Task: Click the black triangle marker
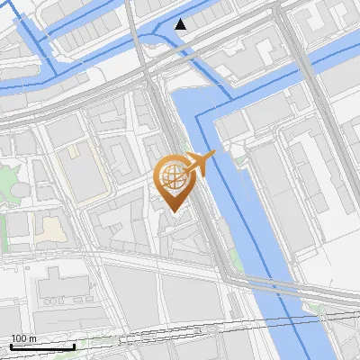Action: (x=182, y=24)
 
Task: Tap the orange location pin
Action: (x=173, y=181)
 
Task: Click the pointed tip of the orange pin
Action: (x=173, y=211)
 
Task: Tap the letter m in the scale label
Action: (x=32, y=338)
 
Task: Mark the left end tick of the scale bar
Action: (x=11, y=346)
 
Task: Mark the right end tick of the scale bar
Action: (x=74, y=346)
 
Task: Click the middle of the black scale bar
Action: (x=42, y=346)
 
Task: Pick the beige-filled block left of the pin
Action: (x=52, y=229)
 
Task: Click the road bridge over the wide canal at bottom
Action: (x=270, y=286)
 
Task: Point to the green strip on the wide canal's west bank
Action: (x=236, y=256)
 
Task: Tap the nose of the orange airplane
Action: (x=214, y=155)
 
